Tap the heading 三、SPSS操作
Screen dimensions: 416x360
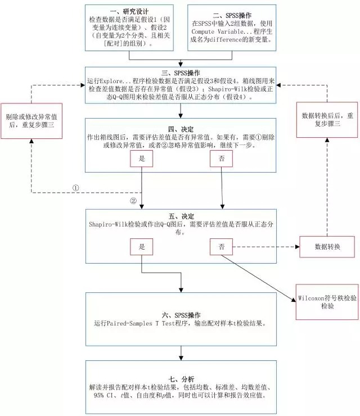click(181, 74)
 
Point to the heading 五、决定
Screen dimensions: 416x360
click(181, 215)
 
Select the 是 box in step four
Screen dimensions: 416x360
click(142, 159)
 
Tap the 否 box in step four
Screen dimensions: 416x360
click(220, 159)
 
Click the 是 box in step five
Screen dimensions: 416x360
click(142, 246)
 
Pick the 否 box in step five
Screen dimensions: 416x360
click(220, 246)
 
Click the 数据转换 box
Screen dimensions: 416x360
click(327, 247)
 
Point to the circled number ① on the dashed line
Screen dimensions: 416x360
click(76, 187)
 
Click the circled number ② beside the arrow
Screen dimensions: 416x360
click(133, 201)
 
